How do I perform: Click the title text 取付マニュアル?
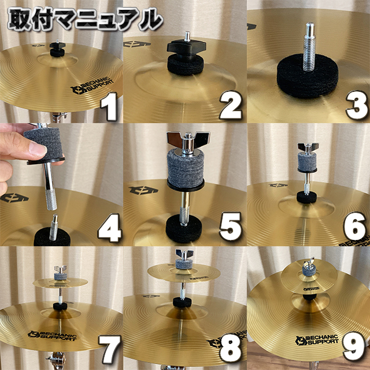86,19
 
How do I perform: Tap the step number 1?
109,106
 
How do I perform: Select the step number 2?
231,105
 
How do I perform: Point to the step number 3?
357,105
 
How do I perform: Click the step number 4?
110,228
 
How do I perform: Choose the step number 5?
231,227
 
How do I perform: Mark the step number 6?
354,227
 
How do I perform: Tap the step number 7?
110,349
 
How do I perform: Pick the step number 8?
231,349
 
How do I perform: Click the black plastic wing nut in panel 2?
186,47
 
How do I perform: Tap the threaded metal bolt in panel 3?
309,46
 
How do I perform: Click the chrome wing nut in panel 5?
188,141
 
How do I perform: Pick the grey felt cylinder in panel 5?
186,167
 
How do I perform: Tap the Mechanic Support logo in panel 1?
92,86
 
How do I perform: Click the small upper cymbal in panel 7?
60,283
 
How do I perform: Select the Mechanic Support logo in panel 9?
317,340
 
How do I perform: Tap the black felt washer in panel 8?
182,302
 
